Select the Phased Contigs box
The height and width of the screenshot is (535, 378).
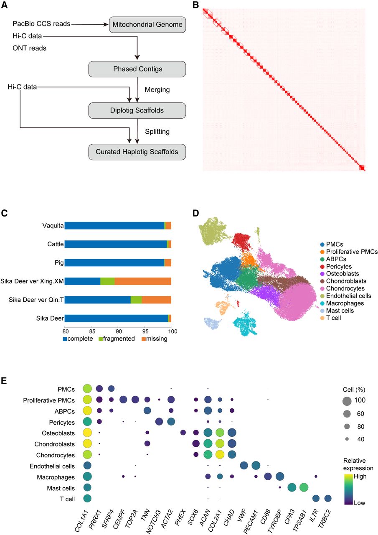(x=137, y=68)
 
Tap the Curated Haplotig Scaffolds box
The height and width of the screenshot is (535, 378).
(x=137, y=152)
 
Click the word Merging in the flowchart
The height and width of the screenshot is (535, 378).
(x=157, y=89)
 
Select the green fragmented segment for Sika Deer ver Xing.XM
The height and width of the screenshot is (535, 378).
(x=107, y=281)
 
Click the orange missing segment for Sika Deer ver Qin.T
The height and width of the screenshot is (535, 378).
(x=156, y=299)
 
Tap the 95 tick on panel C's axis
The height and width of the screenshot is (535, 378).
(x=145, y=330)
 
